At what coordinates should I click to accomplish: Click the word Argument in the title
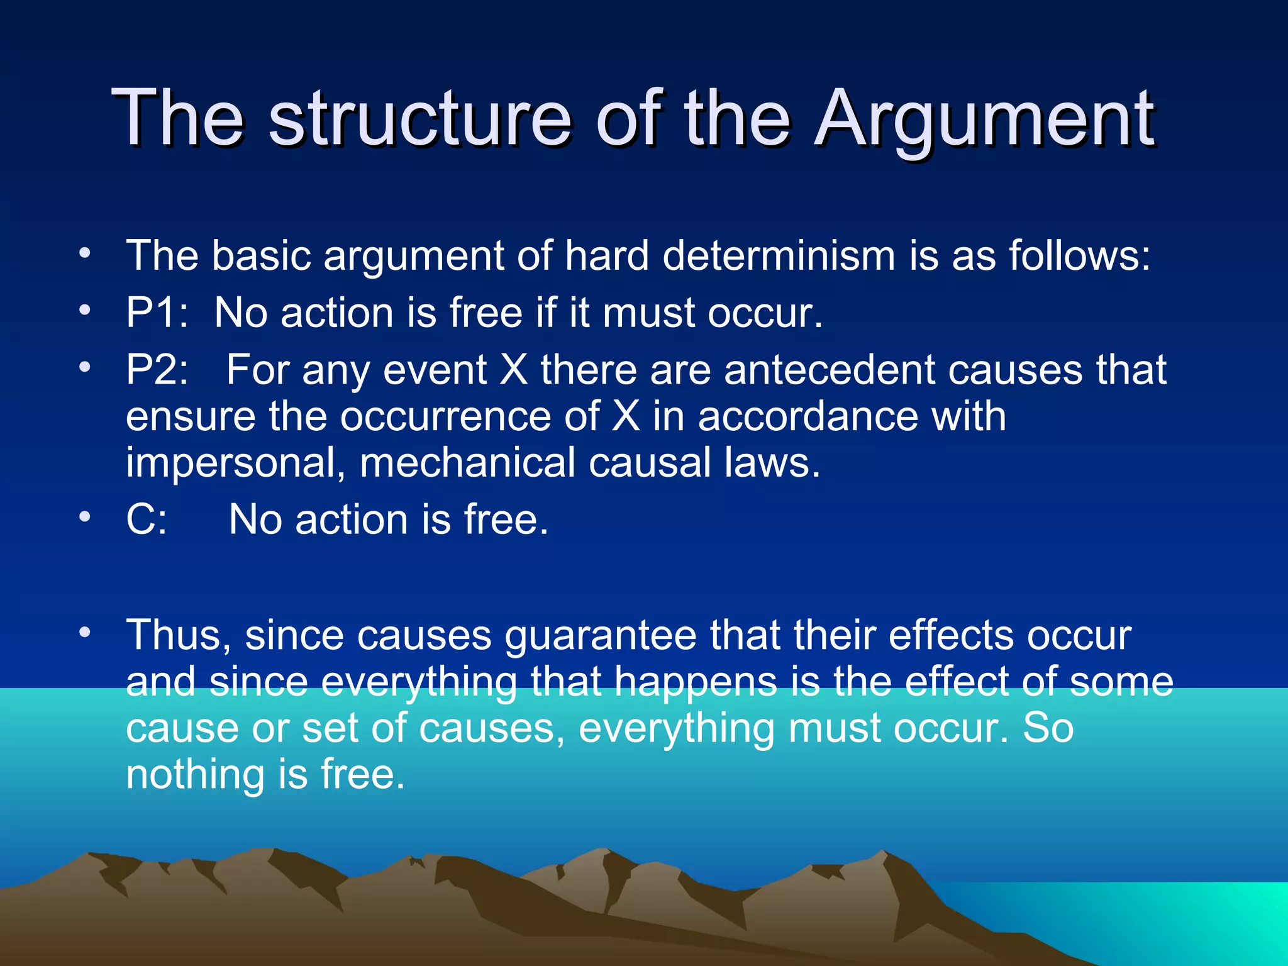point(984,119)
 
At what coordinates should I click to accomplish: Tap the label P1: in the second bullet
point(157,313)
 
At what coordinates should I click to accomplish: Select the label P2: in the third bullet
point(157,369)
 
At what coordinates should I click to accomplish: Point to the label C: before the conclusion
point(147,519)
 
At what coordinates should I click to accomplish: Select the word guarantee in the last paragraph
point(601,636)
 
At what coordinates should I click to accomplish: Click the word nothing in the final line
point(194,774)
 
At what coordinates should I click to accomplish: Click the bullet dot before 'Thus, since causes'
point(85,631)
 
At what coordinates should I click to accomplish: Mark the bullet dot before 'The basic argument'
point(85,253)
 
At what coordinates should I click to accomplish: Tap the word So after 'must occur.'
point(1048,728)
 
